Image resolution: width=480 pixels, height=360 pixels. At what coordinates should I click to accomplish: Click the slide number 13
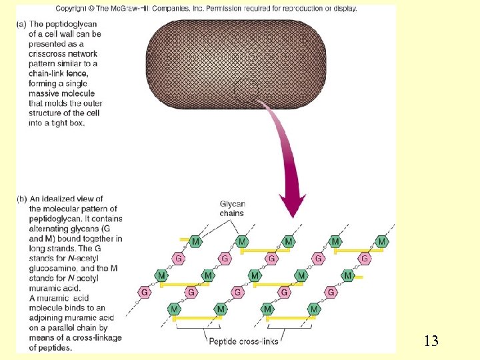coord(431,341)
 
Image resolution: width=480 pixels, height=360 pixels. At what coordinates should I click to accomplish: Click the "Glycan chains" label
coord(232,209)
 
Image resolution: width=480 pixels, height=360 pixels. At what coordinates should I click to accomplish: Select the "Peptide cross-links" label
coord(239,341)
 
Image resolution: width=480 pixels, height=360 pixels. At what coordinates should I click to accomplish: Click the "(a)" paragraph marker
coord(21,24)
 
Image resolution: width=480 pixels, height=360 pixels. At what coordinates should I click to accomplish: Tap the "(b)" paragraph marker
coord(21,199)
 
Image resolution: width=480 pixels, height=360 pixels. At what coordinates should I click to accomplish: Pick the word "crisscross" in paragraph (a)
coord(47,54)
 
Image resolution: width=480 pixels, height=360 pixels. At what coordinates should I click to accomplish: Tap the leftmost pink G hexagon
coord(144,292)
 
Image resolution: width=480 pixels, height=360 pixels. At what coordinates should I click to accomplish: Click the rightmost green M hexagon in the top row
coord(381,241)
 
